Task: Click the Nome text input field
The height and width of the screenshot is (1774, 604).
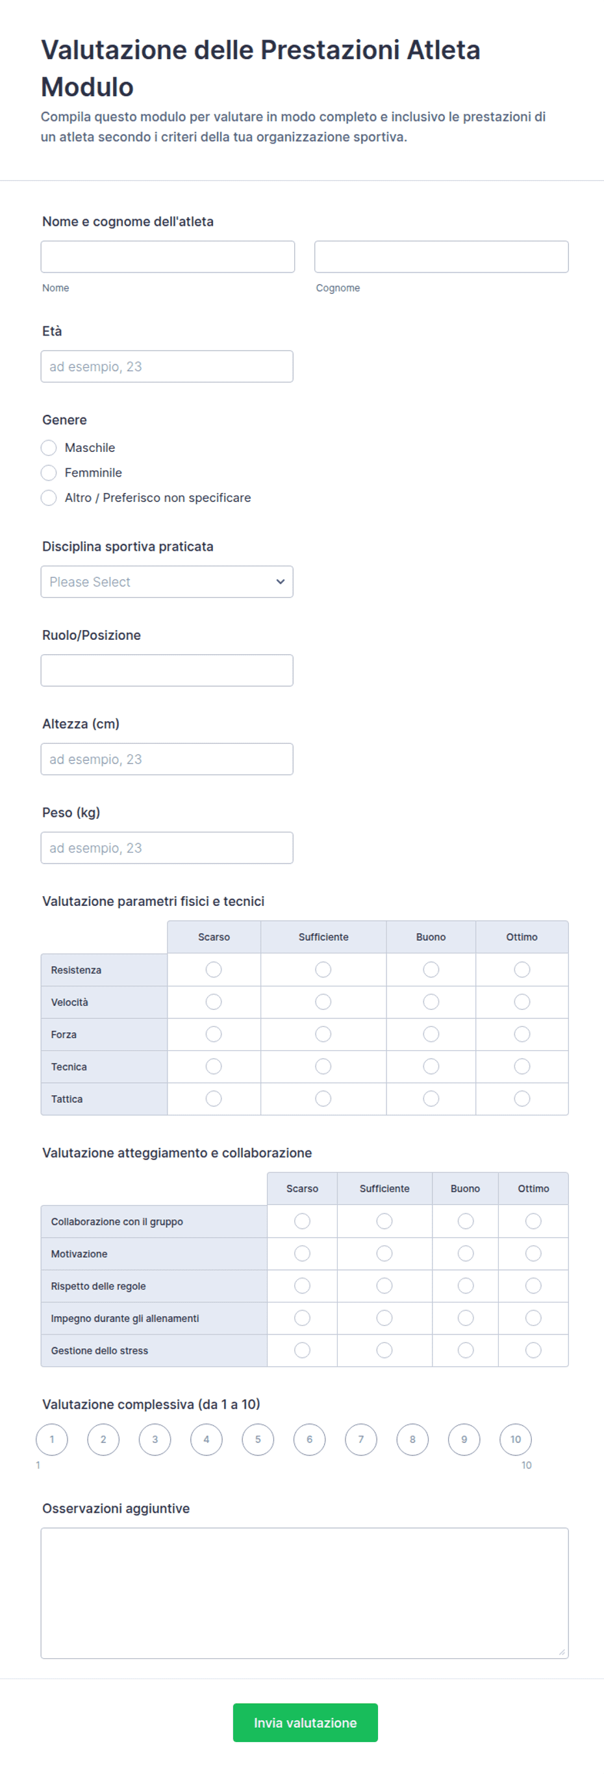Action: (x=167, y=257)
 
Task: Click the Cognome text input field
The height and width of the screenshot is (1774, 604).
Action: (x=441, y=257)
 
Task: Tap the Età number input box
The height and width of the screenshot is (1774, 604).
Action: (x=166, y=366)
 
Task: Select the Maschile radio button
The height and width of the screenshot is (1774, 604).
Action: (x=49, y=447)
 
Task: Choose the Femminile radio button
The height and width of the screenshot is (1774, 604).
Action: (x=49, y=472)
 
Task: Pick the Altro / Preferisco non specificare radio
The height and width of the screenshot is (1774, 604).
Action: (x=49, y=498)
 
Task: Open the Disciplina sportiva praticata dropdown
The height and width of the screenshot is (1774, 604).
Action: (x=166, y=582)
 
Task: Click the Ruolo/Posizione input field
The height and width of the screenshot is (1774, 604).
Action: (x=166, y=670)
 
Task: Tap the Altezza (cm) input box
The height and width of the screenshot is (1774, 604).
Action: (x=166, y=759)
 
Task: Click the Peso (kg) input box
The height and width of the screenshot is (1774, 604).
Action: (x=166, y=848)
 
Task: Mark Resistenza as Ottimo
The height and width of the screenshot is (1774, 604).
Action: (x=522, y=970)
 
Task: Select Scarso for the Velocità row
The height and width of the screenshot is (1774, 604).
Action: (x=214, y=1002)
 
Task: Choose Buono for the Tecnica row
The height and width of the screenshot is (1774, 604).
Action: (x=431, y=1066)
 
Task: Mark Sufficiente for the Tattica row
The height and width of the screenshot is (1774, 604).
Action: (x=323, y=1099)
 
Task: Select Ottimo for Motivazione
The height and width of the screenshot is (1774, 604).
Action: (x=533, y=1253)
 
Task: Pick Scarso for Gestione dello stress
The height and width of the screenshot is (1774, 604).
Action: (x=302, y=1351)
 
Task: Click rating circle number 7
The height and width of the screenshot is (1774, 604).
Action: (x=361, y=1439)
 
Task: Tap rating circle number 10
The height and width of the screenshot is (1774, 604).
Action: (x=516, y=1439)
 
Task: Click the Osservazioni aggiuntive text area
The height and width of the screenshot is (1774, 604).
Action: (x=304, y=1593)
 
